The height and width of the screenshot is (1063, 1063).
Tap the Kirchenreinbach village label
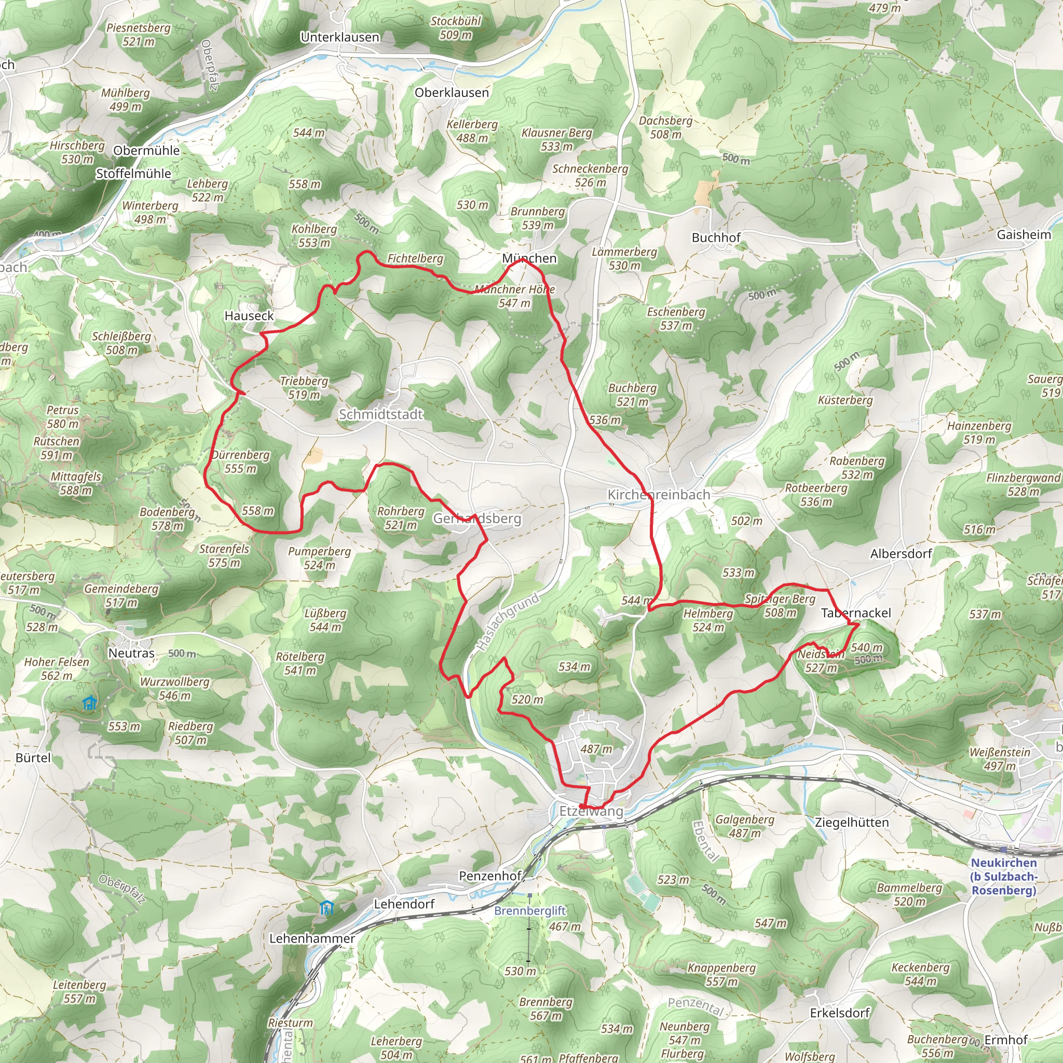pos(659,495)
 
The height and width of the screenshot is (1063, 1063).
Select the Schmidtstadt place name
pos(381,414)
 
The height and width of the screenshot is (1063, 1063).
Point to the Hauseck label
pos(249,316)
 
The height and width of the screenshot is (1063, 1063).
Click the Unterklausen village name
pos(340,37)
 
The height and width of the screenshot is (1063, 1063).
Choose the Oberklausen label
pos(452,92)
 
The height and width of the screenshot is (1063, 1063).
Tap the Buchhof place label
pos(716,238)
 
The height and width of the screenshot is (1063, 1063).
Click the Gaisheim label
pos(1024,235)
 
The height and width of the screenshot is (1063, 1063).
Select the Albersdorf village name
pos(901,554)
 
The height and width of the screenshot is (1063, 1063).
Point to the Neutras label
pos(131,653)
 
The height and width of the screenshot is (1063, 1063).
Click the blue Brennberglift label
pos(530,910)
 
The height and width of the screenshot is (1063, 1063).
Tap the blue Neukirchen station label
pos(1004,877)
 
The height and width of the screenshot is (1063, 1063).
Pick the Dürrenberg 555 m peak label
pos(241,461)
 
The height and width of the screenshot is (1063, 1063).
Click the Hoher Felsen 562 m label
pos(57,669)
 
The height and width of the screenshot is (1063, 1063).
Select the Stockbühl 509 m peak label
pos(456,28)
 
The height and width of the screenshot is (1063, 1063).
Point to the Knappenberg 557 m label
pos(722,974)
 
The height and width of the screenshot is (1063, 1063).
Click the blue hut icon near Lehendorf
pos(327,907)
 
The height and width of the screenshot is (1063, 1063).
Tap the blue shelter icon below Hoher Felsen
pos(89,703)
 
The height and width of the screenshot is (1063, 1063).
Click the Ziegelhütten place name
pos(852,823)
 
